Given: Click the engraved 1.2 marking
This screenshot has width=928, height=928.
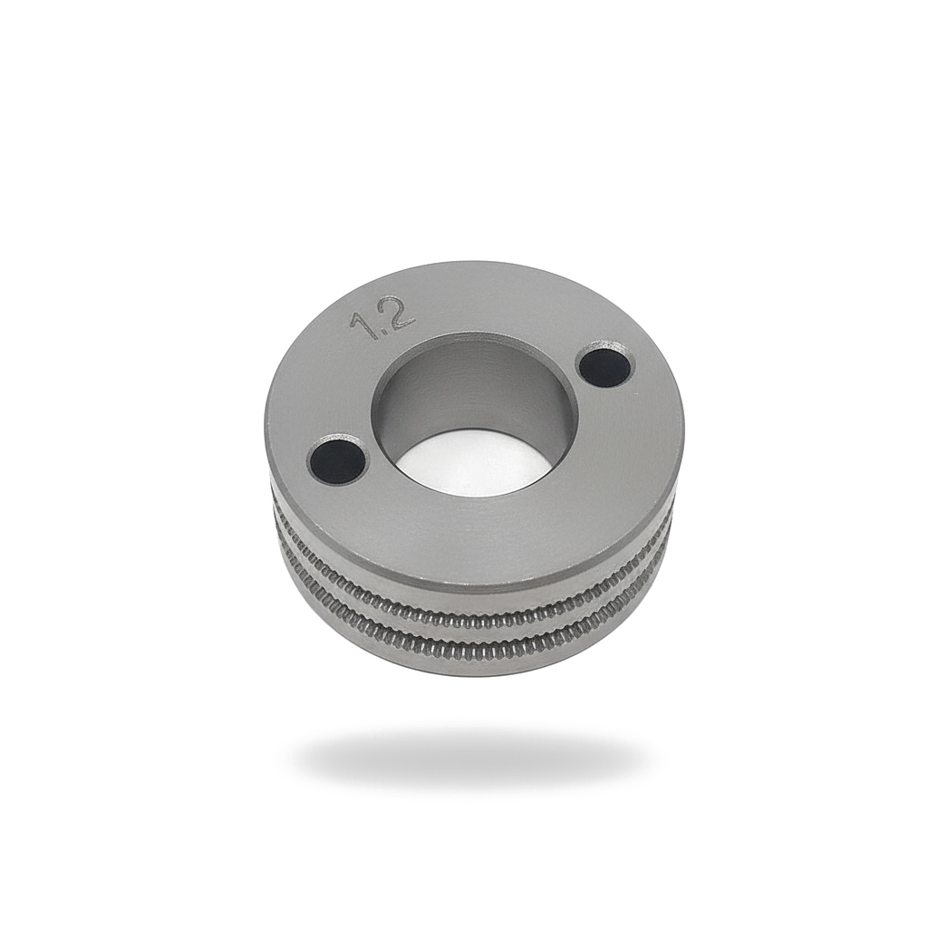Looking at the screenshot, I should pyautogui.click(x=382, y=317).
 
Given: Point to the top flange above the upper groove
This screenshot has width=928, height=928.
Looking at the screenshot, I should pyautogui.click(x=471, y=580).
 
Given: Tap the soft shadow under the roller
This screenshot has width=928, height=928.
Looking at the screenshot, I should pyautogui.click(x=471, y=757).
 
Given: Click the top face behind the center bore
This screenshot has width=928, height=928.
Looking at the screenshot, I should pyautogui.click(x=480, y=299).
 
